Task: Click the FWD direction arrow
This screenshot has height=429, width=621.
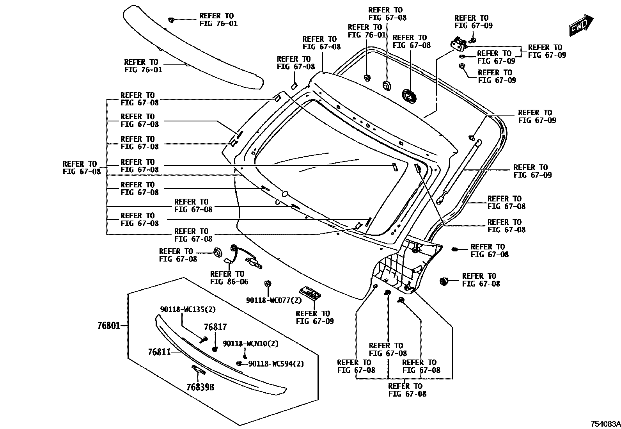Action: tap(580, 26)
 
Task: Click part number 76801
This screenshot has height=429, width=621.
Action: tap(109, 325)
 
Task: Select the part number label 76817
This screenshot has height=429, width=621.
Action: tap(215, 328)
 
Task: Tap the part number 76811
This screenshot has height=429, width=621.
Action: tap(159, 352)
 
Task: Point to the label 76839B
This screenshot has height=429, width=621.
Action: tap(200, 387)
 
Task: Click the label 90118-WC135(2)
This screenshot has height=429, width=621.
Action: tap(188, 310)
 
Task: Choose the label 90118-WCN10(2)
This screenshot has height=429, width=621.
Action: tap(250, 344)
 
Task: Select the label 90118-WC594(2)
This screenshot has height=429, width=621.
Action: tap(276, 364)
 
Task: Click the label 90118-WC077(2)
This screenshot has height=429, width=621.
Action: tap(274, 300)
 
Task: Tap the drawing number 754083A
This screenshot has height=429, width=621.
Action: tap(604, 424)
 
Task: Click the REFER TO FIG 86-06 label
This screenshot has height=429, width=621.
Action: tap(229, 278)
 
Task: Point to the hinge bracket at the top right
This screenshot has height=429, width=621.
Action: tap(459, 44)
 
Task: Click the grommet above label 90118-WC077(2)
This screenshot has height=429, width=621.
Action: tap(268, 284)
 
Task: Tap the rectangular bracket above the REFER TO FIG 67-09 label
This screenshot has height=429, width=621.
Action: tap(310, 293)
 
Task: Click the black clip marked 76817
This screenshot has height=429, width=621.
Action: tap(214, 349)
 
